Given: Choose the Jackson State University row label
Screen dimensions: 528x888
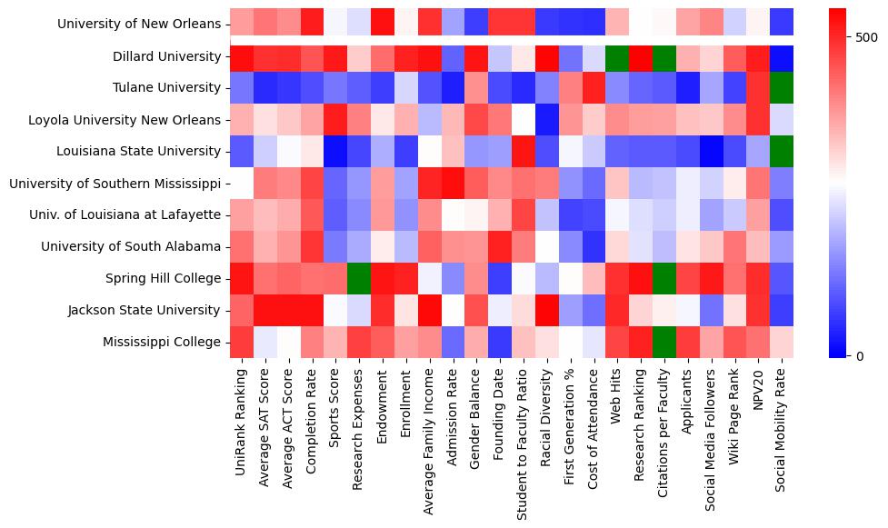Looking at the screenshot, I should click(x=145, y=310).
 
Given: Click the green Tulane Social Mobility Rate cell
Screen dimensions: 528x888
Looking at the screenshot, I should click(x=782, y=88).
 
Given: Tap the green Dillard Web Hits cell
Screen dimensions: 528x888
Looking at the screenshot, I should click(x=617, y=56).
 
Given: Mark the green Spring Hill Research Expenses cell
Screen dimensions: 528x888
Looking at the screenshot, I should click(x=359, y=278).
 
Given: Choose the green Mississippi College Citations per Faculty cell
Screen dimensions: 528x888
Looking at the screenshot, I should click(x=664, y=342).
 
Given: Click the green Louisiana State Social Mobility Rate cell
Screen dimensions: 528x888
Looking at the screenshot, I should click(x=782, y=152).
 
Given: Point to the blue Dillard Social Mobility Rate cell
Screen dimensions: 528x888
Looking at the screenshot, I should click(x=782, y=56).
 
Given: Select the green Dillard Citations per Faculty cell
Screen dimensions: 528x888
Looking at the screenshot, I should click(x=664, y=56).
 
